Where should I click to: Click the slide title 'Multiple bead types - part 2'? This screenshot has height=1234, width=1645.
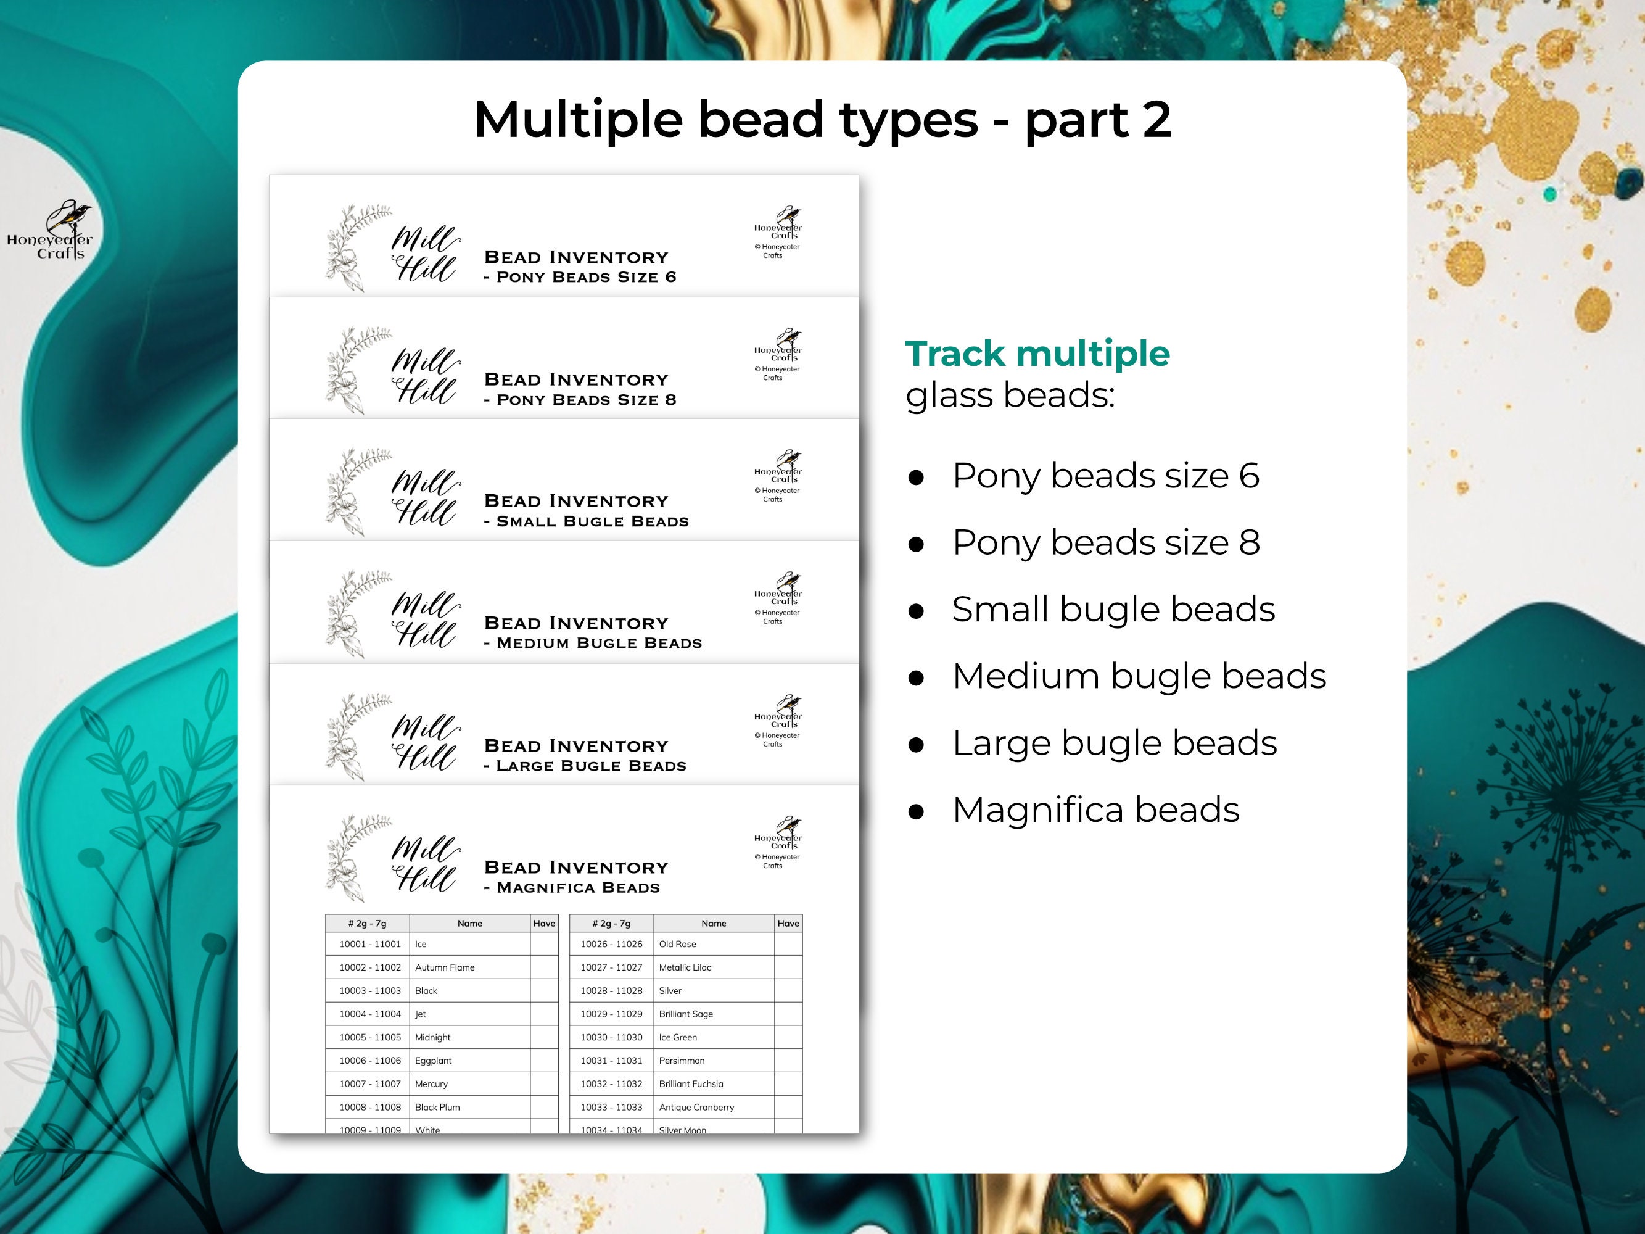[x=823, y=119]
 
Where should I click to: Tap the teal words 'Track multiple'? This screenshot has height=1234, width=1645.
[x=1037, y=354]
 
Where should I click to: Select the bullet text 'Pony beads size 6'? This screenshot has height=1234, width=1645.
[x=1105, y=475]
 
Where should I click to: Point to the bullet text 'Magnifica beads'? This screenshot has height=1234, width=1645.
[x=1095, y=810]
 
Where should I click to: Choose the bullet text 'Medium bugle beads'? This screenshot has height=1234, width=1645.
[x=1139, y=676]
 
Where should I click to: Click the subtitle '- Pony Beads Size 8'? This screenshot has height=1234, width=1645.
[x=579, y=399]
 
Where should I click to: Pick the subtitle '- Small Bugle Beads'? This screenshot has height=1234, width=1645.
[x=586, y=521]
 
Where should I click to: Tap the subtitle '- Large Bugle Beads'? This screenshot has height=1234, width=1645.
[x=585, y=766]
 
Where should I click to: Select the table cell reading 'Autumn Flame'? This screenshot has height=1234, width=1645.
[x=445, y=967]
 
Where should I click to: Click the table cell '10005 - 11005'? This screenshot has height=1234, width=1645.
[x=369, y=1037]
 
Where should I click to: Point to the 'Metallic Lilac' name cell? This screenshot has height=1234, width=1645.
[x=685, y=967]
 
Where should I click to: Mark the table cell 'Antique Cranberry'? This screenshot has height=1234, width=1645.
[x=696, y=1107]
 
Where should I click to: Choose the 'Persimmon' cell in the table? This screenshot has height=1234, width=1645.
[x=681, y=1060]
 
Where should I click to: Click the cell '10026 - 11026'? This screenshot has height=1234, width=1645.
[x=611, y=944]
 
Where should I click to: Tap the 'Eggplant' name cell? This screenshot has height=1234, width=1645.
[x=434, y=1060]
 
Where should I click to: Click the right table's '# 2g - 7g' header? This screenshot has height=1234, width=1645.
[x=611, y=923]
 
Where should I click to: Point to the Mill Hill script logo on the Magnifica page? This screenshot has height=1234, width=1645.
[x=424, y=863]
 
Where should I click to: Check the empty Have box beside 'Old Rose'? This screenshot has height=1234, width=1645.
[x=788, y=944]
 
